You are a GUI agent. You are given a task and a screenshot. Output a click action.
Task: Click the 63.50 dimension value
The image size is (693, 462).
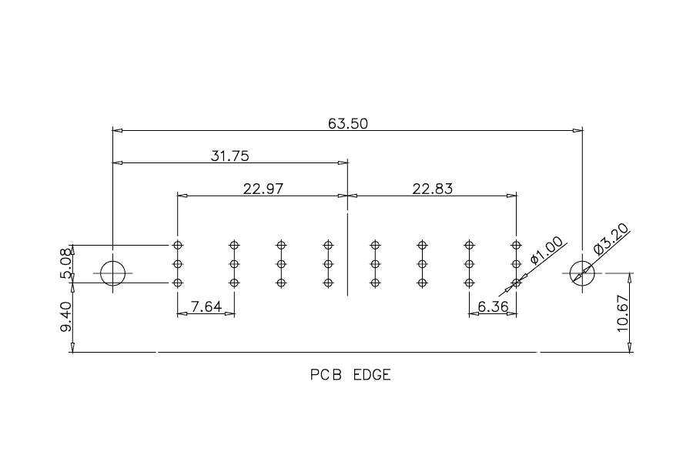coord(347,123)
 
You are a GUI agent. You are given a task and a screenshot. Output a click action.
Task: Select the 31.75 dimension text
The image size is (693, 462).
coord(229,156)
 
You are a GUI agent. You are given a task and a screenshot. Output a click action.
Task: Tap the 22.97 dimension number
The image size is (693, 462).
coord(263,189)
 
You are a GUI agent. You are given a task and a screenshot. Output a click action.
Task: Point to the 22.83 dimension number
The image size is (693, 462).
coord(433,189)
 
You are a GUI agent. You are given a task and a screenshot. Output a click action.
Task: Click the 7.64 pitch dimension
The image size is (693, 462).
coord(206,306)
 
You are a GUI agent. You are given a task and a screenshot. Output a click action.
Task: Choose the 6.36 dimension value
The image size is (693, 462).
coord(494,306)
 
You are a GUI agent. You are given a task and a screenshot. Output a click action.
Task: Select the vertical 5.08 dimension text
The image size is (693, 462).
coord(65,263)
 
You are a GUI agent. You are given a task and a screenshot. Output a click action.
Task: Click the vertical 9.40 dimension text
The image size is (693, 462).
coord(65,317)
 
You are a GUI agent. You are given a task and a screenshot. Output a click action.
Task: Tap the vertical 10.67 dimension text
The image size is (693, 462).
coord(622,313)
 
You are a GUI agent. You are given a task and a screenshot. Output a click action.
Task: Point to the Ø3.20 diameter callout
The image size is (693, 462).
coord(611,239)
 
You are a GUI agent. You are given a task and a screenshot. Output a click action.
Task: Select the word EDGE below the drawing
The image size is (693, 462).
coord(372,375)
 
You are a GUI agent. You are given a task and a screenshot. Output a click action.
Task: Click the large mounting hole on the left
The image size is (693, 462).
coord(113,261)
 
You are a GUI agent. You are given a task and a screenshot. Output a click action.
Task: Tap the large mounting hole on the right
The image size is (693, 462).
coord(582,261)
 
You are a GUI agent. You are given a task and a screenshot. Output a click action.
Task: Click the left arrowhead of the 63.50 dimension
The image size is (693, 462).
coord(118,130)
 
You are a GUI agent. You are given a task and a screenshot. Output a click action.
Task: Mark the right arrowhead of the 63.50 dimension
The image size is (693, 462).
coord(577,130)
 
